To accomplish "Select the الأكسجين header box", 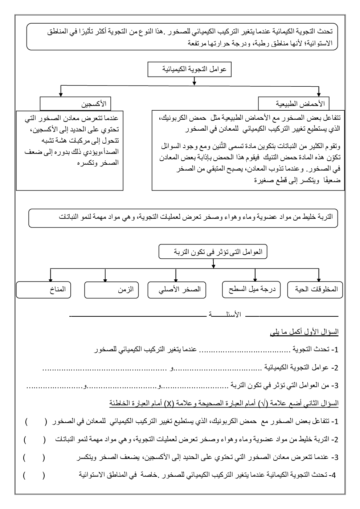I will coord(75,104).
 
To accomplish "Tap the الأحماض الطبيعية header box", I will coord(294,104).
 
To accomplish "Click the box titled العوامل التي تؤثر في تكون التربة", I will coord(213,252).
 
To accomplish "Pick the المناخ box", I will coord(43,290).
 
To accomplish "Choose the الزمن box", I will coord(111,290).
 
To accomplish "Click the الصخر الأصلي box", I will coord(177,290).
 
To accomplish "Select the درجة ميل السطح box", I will coord(251,290).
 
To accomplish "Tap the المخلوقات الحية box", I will coord(315,290).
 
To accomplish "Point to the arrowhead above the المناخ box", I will coord(50,279).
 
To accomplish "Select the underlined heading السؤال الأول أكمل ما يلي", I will coord(304,332).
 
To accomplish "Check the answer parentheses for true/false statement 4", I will coord(33,475).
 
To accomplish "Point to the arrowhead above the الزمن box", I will coord(105,279).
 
